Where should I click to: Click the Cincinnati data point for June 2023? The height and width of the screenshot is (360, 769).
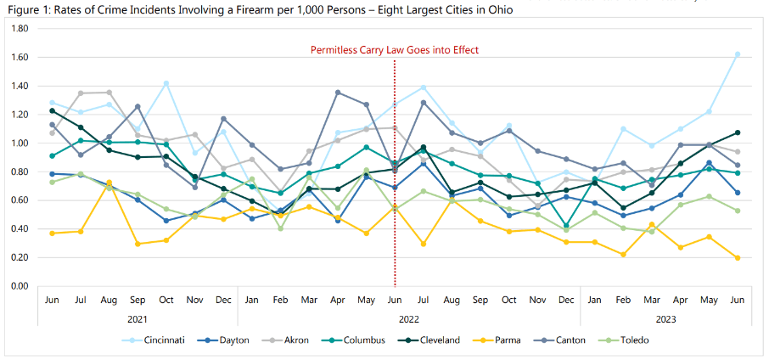tap(737, 54)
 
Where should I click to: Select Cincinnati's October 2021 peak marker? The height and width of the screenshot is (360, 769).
tap(166, 83)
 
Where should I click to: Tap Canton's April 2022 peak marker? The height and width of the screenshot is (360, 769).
tap(338, 92)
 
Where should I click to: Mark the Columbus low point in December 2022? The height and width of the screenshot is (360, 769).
tap(566, 226)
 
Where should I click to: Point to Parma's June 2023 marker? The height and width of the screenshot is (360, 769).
tap(737, 258)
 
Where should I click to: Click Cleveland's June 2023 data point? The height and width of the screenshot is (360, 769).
tap(737, 132)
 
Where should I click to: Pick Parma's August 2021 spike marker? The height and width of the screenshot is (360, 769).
tap(109, 183)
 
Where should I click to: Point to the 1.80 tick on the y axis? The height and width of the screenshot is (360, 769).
tap(20, 28)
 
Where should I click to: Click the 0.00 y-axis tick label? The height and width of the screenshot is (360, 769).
tap(20, 286)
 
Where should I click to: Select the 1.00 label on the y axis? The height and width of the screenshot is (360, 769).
tap(20, 143)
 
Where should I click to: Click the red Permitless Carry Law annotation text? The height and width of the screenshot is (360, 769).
tap(394, 50)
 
